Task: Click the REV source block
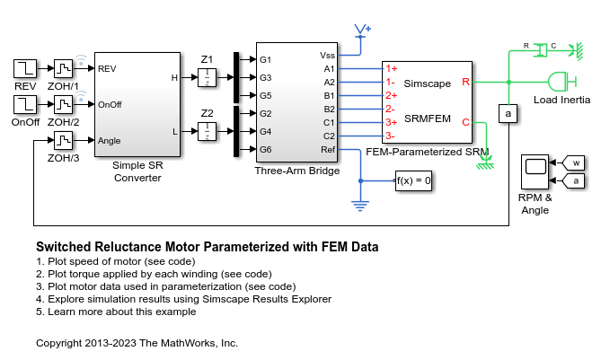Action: click(24, 68)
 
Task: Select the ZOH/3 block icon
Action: click(64, 141)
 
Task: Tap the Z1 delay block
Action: click(208, 78)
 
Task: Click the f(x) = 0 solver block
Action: click(414, 180)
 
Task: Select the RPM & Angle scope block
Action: click(535, 171)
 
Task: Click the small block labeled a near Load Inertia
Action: click(508, 114)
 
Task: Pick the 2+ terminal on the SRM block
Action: click(391, 94)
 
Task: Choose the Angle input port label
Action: click(109, 141)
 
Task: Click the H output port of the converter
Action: click(175, 78)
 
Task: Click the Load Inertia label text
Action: click(561, 100)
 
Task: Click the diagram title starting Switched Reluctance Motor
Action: click(207, 247)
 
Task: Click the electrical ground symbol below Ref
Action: click(360, 206)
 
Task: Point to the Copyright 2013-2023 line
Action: click(137, 343)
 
